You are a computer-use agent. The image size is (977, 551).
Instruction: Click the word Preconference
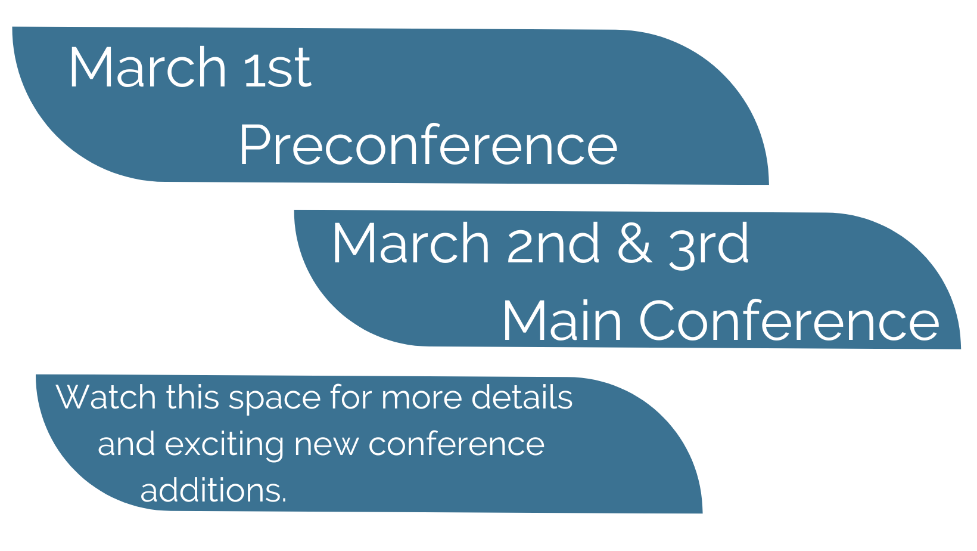pyautogui.click(x=428, y=144)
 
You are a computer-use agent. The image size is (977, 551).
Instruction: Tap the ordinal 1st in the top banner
pyautogui.click(x=278, y=67)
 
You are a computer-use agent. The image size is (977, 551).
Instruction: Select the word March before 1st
pyautogui.click(x=148, y=67)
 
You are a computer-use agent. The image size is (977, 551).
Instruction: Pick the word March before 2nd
pyautogui.click(x=410, y=243)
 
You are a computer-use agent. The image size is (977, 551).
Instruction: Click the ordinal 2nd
pyautogui.click(x=553, y=243)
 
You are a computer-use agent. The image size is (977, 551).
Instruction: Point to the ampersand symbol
pyautogui.click(x=635, y=243)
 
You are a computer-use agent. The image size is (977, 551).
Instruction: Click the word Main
pyautogui.click(x=562, y=320)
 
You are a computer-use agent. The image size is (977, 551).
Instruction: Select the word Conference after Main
pyautogui.click(x=789, y=320)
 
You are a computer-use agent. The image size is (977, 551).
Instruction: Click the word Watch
pyautogui.click(x=106, y=397)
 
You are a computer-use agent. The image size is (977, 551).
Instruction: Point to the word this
pyautogui.click(x=192, y=397)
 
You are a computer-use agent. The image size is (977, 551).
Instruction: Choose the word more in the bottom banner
pyautogui.click(x=421, y=400)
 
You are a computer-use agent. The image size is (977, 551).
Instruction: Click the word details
pyautogui.click(x=522, y=397)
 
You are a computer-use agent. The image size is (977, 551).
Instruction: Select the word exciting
pyautogui.click(x=224, y=446)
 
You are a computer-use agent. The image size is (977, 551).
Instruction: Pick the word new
pyautogui.click(x=326, y=446)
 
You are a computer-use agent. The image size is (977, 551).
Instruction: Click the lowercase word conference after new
pyautogui.click(x=457, y=444)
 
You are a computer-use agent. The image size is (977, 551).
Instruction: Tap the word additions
pyautogui.click(x=213, y=490)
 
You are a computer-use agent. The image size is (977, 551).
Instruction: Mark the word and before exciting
pyautogui.click(x=126, y=444)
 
